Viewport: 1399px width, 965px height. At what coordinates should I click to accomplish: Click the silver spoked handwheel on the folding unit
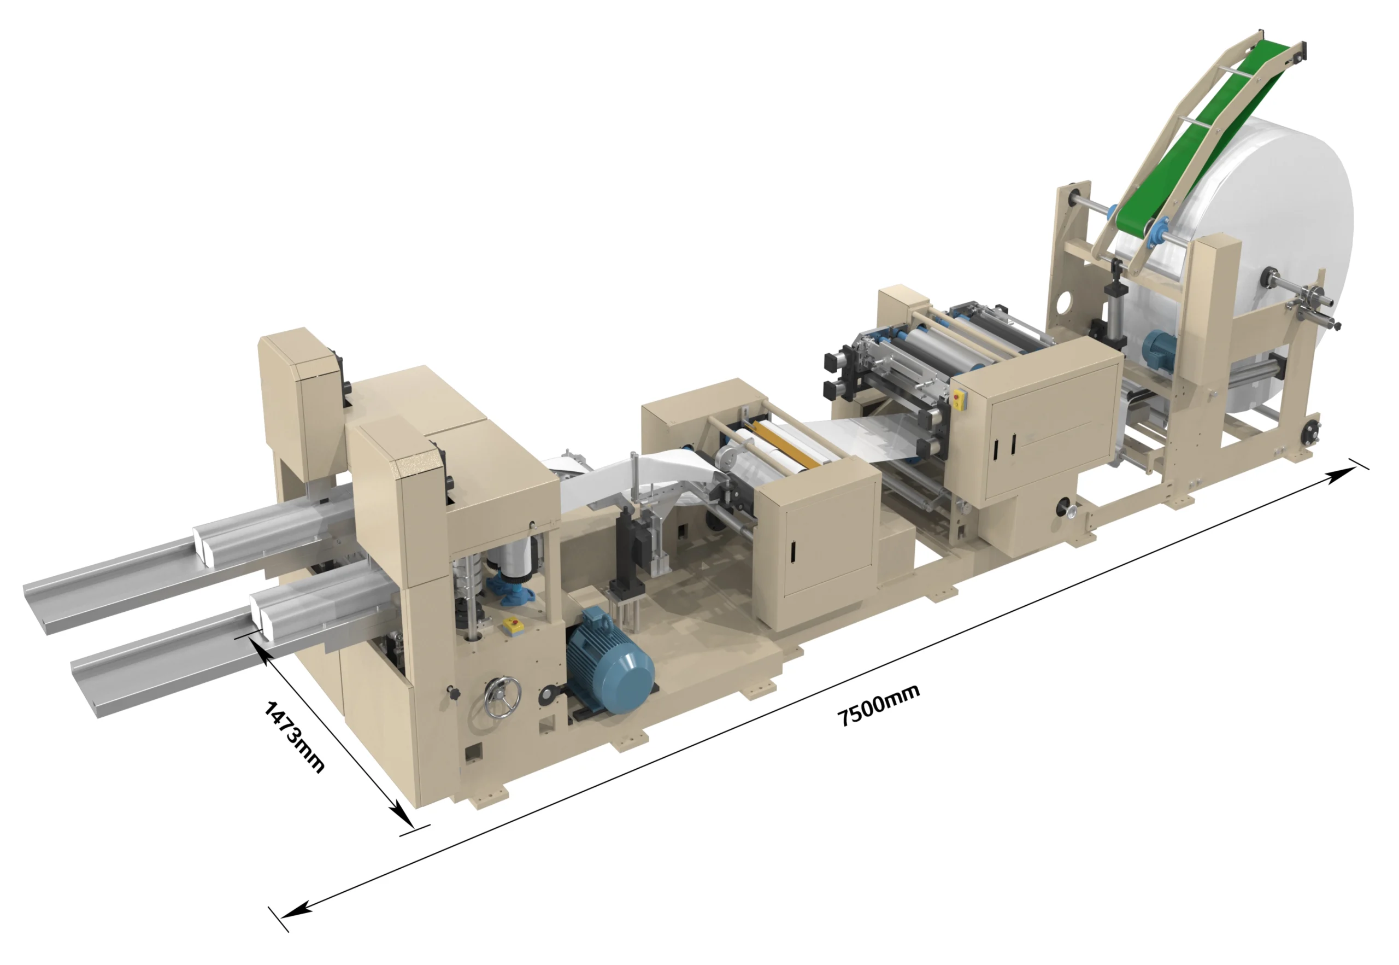502,698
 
